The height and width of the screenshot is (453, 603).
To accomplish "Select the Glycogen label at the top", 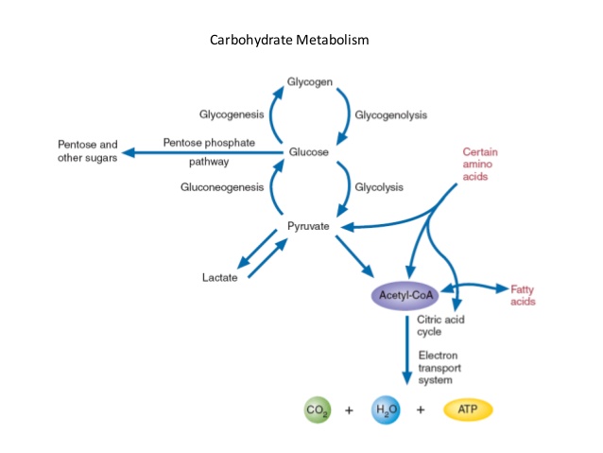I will tap(310, 82).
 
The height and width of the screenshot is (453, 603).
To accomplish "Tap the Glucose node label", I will tap(309, 152).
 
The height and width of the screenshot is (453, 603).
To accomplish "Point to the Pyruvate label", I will tap(307, 228).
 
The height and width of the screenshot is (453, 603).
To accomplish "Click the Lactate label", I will tap(220, 277).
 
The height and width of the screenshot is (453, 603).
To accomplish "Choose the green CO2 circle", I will tap(316, 410).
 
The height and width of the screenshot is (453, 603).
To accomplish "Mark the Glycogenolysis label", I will tap(390, 115).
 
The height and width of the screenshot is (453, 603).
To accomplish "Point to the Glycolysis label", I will tap(379, 187).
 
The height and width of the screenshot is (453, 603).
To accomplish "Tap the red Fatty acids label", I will tap(523, 295).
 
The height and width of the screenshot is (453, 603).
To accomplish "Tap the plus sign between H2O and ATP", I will tap(421, 410).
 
